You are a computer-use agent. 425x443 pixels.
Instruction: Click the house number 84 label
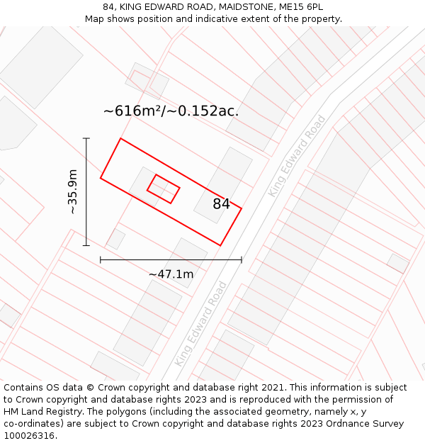221,204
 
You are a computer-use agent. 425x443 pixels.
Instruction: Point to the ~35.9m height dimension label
72,191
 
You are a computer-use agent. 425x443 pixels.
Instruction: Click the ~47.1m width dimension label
171,274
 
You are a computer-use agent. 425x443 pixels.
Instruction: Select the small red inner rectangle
163,189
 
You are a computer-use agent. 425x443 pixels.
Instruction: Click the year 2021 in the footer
272,388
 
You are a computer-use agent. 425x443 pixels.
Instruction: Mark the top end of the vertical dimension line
86,138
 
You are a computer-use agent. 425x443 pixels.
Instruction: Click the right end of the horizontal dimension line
242,260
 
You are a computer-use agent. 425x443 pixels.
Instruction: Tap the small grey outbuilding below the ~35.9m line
116,239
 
